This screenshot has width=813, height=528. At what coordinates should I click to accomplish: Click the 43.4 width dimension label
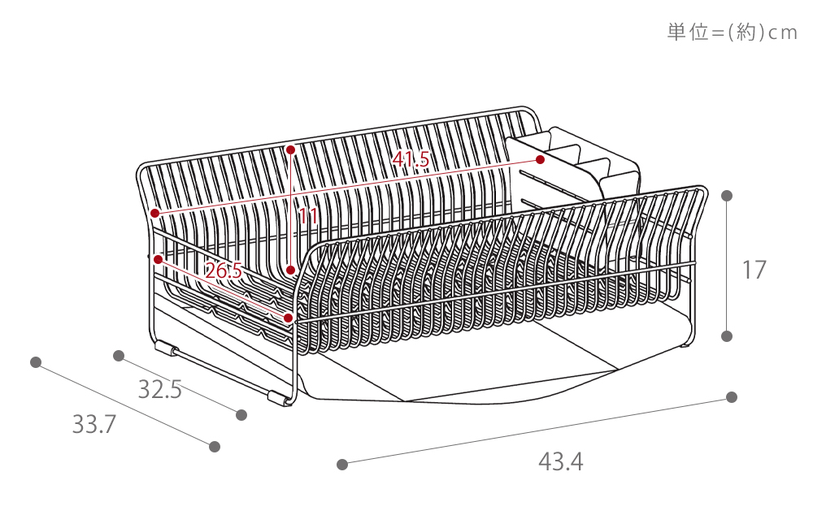coord(560,461)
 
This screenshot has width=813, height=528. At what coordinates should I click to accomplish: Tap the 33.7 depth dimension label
coord(93,424)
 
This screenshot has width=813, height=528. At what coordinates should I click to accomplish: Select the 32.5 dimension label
coord(159,388)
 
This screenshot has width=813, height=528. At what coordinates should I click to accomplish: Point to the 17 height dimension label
coord(754,270)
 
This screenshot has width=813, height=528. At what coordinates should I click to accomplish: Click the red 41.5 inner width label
coord(411,159)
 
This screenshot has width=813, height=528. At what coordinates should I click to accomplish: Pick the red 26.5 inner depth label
coord(224,270)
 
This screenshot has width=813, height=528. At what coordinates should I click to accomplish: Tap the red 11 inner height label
coord(308,215)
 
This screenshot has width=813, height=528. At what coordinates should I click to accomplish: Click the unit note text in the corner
coord(732,32)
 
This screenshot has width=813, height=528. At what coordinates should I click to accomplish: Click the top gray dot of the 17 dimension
coord(727,195)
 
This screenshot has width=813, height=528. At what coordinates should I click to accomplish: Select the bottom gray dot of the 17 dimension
coord(727,335)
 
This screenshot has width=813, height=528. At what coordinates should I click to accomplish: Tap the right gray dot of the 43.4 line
coord(732,397)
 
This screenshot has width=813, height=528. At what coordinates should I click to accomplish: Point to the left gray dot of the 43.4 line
coord(341,465)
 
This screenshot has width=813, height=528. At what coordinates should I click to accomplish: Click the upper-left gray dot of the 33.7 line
coord(36,362)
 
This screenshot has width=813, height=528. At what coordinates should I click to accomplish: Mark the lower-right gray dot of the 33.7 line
coord(215,446)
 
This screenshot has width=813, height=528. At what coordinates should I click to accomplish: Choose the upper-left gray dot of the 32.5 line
coord(119,356)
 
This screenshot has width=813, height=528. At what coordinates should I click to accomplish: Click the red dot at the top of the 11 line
coord(290,149)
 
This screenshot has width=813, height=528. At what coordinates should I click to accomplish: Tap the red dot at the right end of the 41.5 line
coord(541,159)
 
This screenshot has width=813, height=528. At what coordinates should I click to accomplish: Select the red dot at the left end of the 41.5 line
coord(154,213)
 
